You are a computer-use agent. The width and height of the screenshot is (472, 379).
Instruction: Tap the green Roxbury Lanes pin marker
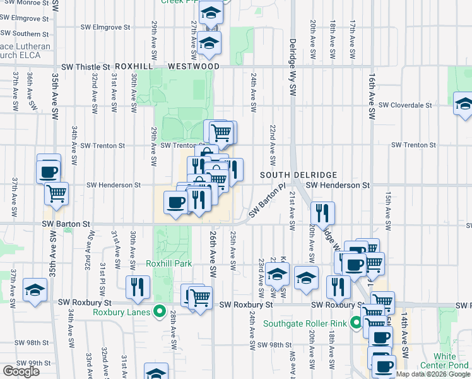(160, 311)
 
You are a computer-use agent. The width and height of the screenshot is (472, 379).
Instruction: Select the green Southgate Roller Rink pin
(357, 323)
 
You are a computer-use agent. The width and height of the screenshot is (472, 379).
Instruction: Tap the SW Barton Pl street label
(267, 202)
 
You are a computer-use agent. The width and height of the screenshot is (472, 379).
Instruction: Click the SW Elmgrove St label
(105, 28)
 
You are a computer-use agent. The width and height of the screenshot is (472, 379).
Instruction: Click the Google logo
(21, 371)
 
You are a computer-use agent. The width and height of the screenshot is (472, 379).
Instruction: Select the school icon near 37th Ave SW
(35, 290)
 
